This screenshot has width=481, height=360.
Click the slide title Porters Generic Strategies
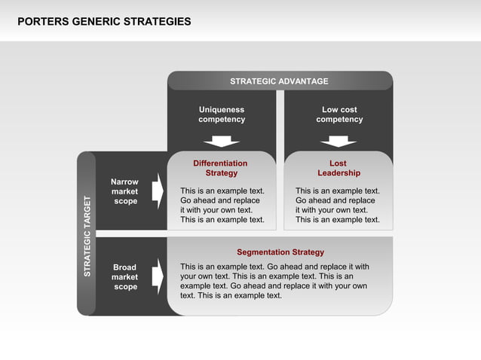104,22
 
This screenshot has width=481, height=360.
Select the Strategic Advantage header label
279,81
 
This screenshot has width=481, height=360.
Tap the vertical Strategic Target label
87,236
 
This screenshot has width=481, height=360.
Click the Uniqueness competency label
222,114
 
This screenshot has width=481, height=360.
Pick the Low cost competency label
339,114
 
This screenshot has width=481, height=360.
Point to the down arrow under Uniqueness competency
222,141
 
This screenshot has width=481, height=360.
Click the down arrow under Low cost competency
339,141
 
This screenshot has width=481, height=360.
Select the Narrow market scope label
124,191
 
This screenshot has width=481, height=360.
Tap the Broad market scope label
124,277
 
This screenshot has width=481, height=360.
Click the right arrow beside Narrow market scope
158,191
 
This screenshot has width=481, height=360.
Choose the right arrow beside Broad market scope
158,276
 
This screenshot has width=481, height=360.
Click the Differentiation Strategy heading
220,168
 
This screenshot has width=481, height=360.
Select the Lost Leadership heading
339,168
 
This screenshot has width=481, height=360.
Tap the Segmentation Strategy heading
280,252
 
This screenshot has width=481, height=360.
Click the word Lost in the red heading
339,163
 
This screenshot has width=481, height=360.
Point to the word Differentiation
220,163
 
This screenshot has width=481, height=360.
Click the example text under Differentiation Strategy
222,206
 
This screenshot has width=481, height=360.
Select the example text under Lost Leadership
338,206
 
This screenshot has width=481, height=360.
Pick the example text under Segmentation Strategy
274,281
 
